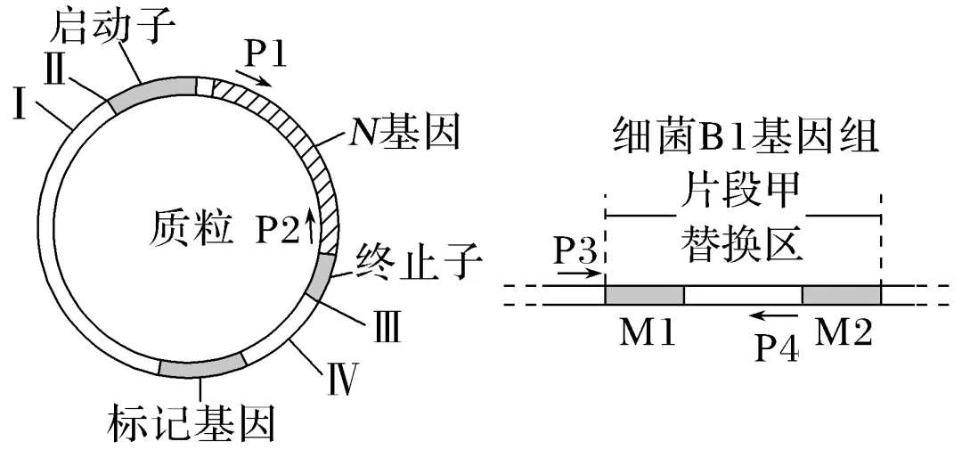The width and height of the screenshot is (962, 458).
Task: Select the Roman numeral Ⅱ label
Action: (x=54, y=68)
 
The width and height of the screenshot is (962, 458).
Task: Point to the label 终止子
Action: (x=419, y=264)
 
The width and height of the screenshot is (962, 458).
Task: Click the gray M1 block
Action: (x=644, y=295)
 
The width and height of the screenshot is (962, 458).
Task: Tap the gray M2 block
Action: (x=841, y=295)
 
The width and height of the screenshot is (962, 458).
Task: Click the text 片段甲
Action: (x=742, y=190)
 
